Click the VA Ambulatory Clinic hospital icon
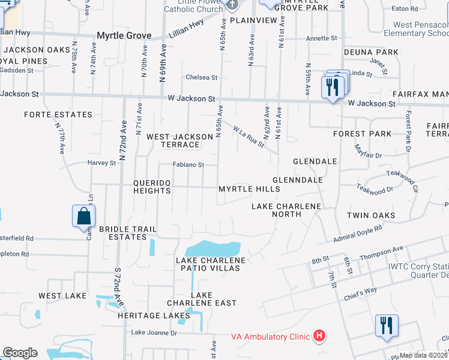coord(320,336)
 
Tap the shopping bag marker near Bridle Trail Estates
coord(83,216)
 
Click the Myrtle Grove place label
coord(124,36)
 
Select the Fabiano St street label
coord(189,164)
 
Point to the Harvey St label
coord(101,163)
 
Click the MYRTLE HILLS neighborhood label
coord(249,189)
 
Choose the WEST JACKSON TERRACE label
coord(181,141)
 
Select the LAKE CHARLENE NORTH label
coord(286,211)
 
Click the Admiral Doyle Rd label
coord(358,235)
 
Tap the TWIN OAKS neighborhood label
coord(371,215)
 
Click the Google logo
coord(20,353)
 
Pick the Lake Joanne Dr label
coord(154,332)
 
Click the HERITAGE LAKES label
coord(147,316)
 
